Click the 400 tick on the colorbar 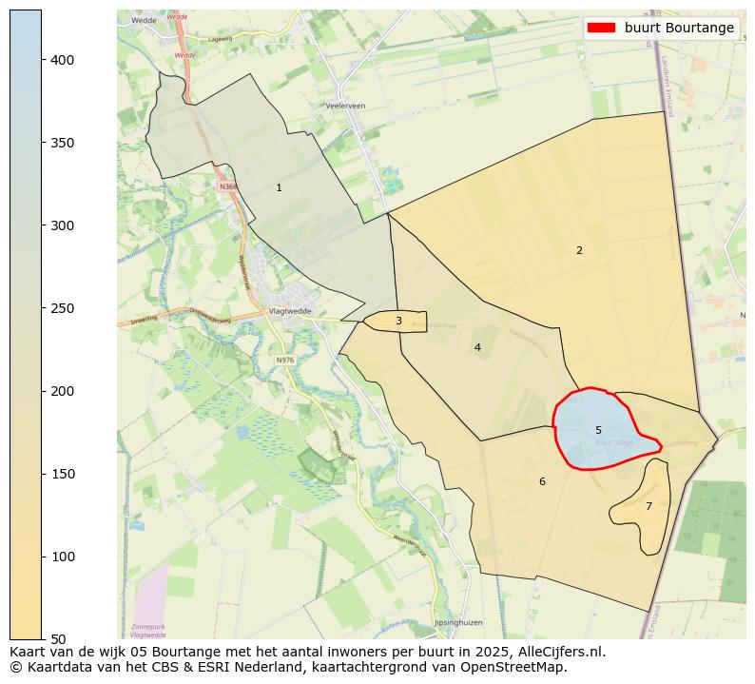tap(63, 60)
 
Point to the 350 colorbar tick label tap(63, 143)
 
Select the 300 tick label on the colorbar tap(63, 225)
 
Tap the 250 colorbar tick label tap(63, 308)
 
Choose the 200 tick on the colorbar tap(63, 391)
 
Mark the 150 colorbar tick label tap(63, 474)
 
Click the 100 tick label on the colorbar tap(63, 557)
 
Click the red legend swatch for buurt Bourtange tap(602, 28)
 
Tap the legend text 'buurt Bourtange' tap(679, 28)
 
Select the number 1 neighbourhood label tap(279, 187)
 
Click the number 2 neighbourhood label tap(579, 250)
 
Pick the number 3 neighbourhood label tap(398, 321)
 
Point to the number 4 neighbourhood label tap(477, 347)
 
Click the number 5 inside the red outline tap(598, 430)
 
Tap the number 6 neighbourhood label tap(542, 481)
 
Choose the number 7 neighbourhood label tap(649, 506)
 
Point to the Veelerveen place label tap(345, 106)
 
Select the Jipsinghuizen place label tap(458, 622)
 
